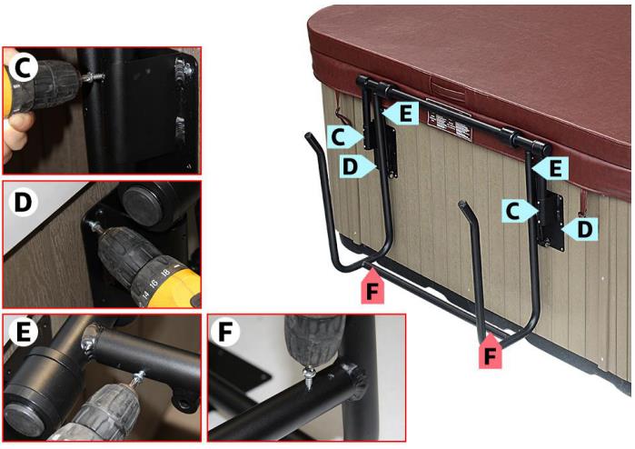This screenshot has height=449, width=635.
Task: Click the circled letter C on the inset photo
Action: click(21, 68)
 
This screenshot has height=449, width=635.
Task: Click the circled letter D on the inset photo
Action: click(22, 200)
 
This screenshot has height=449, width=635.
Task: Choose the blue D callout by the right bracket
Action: click(580, 230)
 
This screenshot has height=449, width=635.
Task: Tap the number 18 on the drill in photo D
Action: click(164, 272)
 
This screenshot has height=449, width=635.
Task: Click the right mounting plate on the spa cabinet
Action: click(551, 217)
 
